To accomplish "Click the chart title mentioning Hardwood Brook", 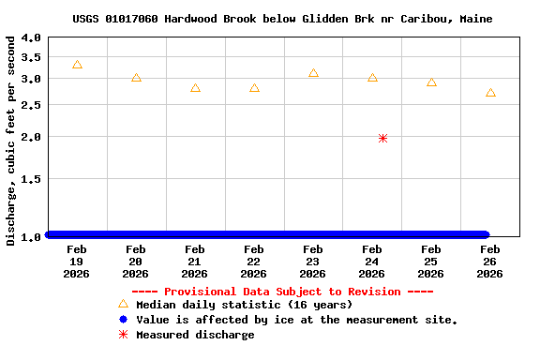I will click(282, 19).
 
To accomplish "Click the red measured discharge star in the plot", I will click(382, 138).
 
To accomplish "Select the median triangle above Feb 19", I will click(77, 65).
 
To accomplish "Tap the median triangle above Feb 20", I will click(136, 78).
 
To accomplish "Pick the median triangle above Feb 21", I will click(195, 88).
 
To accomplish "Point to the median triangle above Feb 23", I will click(313, 73).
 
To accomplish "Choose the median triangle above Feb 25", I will click(431, 82).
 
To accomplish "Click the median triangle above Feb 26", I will click(490, 93).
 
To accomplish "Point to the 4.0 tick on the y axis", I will click(31, 38).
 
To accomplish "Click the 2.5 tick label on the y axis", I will click(31, 105).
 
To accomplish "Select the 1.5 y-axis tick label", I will click(31, 178).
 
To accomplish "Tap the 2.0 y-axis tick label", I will click(31, 137).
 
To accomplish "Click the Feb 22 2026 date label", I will click(253, 262).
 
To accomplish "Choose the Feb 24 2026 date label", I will click(371, 262).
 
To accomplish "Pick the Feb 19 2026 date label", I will click(77, 262).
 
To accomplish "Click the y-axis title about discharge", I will click(11, 141).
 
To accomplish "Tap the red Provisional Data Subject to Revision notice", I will click(282, 292).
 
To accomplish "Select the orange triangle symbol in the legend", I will click(123, 304).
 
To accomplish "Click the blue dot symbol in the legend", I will click(123, 320).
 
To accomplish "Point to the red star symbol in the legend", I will click(123, 335).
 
